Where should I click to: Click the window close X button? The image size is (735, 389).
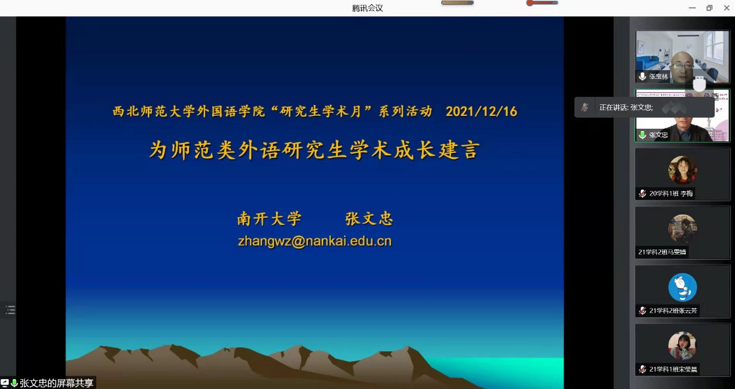726,8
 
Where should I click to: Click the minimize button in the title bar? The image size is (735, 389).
692,8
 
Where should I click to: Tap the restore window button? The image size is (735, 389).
709,8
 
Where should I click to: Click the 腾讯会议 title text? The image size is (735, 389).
367,8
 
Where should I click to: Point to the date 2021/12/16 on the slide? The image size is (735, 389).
481,112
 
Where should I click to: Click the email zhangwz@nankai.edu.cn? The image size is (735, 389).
315,241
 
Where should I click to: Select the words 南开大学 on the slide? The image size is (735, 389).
269,219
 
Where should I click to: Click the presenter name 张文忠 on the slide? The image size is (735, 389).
369,219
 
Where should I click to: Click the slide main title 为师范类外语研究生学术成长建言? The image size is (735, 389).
315,150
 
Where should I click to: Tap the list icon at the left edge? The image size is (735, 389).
10,310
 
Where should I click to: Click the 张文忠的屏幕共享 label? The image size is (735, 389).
56,383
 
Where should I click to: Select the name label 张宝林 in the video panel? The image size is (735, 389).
658,77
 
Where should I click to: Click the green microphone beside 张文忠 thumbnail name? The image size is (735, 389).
642,135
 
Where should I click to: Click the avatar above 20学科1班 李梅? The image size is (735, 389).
682,170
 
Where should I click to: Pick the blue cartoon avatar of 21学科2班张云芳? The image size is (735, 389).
682,287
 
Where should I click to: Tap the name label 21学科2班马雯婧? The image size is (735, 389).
662,252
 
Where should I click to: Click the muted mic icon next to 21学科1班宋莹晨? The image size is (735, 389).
642,369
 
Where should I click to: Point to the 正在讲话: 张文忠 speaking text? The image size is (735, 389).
626,108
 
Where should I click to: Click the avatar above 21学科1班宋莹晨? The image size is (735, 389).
682,346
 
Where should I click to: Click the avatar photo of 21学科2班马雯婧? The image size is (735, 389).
682,228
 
